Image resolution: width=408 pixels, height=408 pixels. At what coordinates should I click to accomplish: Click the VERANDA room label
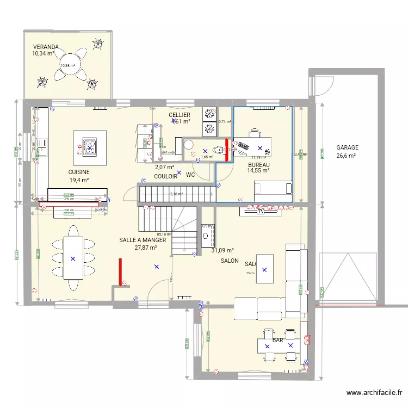pyautogui.click(x=45, y=47)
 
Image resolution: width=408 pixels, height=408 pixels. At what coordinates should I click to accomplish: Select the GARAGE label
pyautogui.click(x=347, y=147)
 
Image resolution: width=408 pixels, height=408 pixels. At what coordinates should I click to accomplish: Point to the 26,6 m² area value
pyautogui.click(x=345, y=156)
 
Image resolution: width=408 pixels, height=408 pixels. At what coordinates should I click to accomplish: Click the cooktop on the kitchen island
pyautogui.click(x=90, y=147)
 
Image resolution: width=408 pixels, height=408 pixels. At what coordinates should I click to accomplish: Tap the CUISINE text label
pyautogui.click(x=79, y=172)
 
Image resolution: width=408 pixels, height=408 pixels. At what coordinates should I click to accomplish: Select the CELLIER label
pyautogui.click(x=179, y=115)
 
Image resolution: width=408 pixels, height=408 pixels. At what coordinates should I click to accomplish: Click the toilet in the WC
pyautogui.click(x=220, y=151)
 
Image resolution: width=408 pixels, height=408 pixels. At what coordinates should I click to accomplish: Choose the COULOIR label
pyautogui.click(x=165, y=176)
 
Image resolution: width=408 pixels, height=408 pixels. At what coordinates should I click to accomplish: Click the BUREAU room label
pyautogui.click(x=258, y=164)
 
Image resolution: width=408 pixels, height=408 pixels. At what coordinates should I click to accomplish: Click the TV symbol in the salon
pyautogui.click(x=261, y=212)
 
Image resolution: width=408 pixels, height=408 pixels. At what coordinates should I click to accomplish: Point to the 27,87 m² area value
pyautogui.click(x=146, y=248)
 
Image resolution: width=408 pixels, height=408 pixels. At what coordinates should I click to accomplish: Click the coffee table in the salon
pyautogui.click(x=264, y=269)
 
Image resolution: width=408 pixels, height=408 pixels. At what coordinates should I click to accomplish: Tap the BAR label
pyautogui.click(x=277, y=341)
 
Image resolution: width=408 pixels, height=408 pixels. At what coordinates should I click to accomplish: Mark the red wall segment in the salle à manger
pyautogui.click(x=120, y=272)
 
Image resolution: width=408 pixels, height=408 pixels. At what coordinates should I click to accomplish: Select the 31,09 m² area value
pyautogui.click(x=222, y=250)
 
